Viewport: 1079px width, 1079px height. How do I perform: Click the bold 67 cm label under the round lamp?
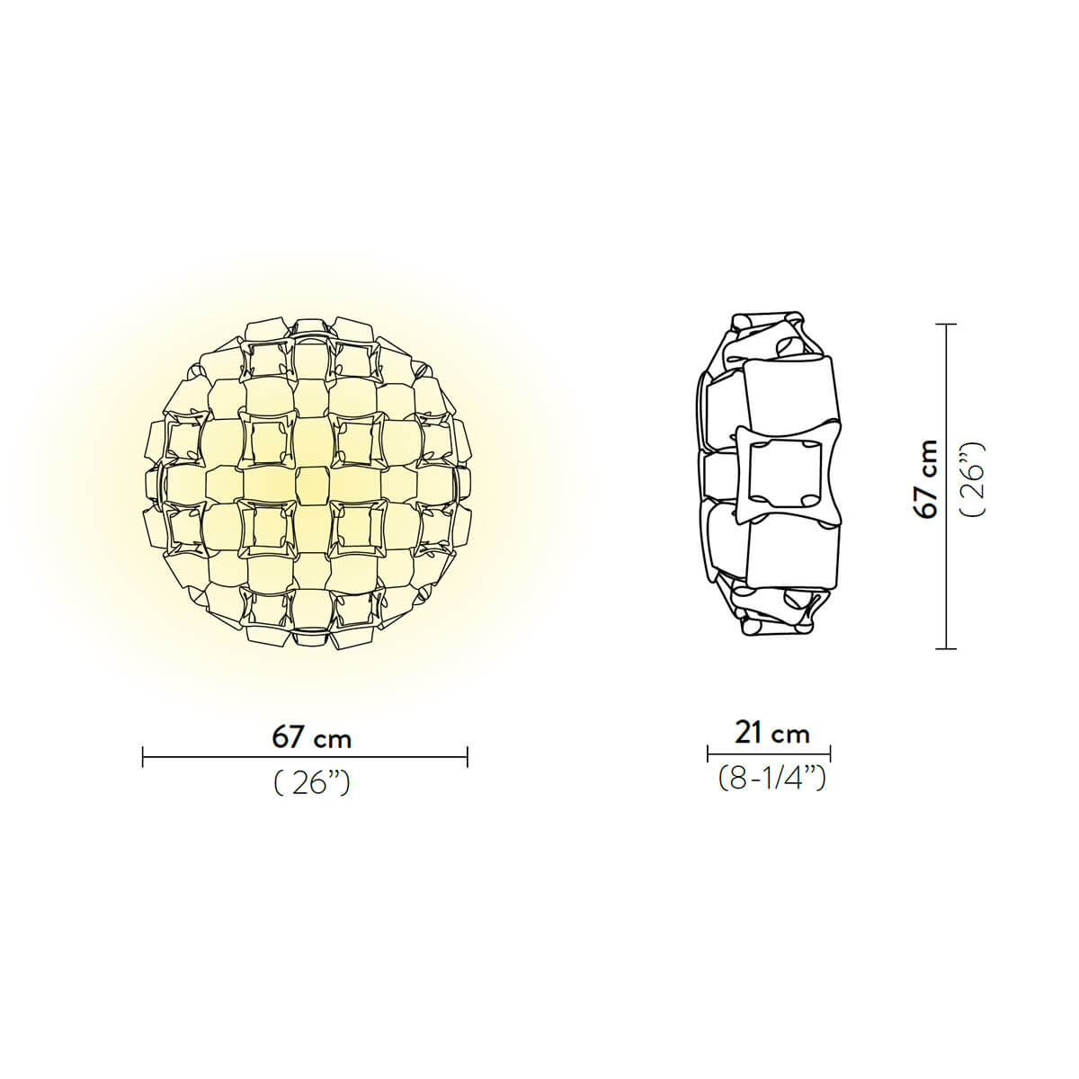click(311, 737)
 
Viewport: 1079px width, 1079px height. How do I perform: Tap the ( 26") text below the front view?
click(311, 784)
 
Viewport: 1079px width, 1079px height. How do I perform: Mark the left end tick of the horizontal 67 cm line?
click(144, 757)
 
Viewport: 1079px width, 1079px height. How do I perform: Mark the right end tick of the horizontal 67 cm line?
click(468, 757)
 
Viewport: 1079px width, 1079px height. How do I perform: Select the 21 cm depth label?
click(771, 733)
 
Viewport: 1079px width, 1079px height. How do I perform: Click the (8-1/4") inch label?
click(771, 778)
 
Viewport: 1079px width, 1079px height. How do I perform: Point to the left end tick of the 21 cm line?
click(709, 754)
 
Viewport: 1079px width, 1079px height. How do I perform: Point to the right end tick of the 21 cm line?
click(830, 754)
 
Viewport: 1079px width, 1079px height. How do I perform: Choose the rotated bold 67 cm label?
click(926, 478)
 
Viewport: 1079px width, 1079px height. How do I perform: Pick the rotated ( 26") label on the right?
click(973, 478)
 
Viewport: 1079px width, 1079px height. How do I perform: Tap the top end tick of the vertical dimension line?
click(944, 325)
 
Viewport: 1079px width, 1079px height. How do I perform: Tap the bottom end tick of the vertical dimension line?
click(944, 647)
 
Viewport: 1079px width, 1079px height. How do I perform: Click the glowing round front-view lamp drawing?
click(308, 483)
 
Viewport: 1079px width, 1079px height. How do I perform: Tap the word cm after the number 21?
click(792, 735)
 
